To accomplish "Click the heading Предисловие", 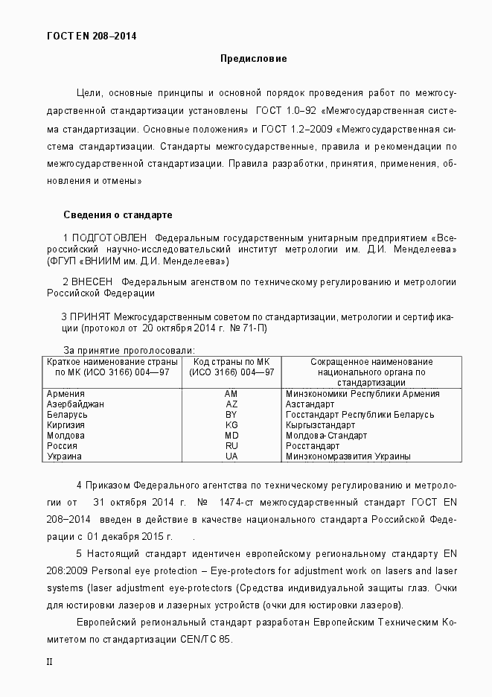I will (x=252, y=58).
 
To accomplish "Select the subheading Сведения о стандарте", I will (x=118, y=214).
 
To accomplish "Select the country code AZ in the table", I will (x=231, y=404).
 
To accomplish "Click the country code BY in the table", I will (x=231, y=414).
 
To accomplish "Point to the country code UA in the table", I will (x=231, y=456).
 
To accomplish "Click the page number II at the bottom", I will (x=50, y=661).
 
